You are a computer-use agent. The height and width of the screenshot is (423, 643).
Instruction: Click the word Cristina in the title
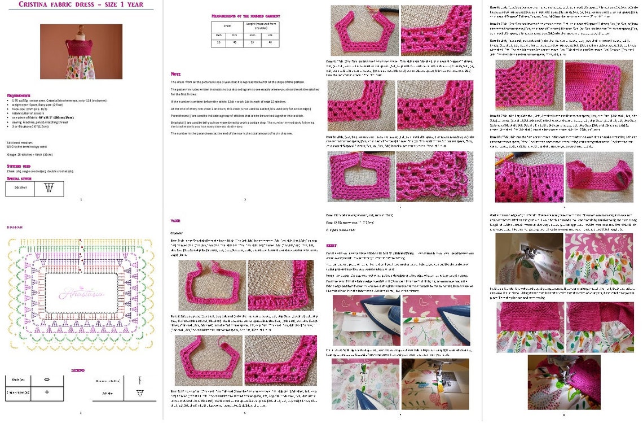click(x=36, y=5)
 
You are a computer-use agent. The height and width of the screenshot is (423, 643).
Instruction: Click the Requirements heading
click(x=19, y=95)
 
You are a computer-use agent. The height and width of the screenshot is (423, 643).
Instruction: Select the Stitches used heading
click(x=19, y=166)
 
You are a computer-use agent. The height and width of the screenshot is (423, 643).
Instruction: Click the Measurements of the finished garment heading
click(x=245, y=16)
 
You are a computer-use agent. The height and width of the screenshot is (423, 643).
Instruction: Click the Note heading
click(x=175, y=74)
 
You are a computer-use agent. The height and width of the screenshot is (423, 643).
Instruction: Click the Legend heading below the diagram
click(x=78, y=370)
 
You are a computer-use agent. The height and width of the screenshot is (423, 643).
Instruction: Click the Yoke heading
click(x=175, y=221)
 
